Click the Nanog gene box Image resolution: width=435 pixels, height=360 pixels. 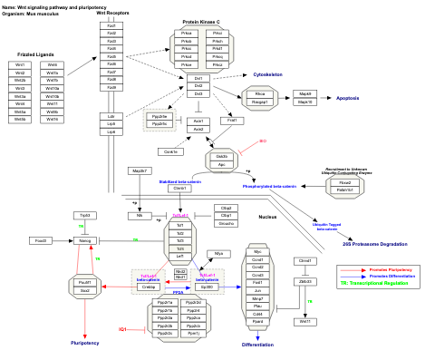[x=85, y=240]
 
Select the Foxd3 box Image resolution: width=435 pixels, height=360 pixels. [x=41, y=240]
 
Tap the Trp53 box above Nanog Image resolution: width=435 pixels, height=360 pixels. [x=85, y=215]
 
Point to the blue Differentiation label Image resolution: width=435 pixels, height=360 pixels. [x=257, y=345]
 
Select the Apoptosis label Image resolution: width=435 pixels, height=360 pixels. [x=348, y=97]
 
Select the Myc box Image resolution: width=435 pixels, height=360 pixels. [x=257, y=250]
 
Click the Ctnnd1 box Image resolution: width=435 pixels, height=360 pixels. [x=304, y=260]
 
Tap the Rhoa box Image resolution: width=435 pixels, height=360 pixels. [x=259, y=93]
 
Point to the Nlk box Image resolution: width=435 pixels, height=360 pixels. [x=140, y=215]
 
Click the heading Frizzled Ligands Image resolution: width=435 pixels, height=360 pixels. [x=39, y=54]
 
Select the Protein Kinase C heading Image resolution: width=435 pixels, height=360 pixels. [x=200, y=22]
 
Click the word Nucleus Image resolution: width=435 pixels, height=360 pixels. [x=267, y=218]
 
